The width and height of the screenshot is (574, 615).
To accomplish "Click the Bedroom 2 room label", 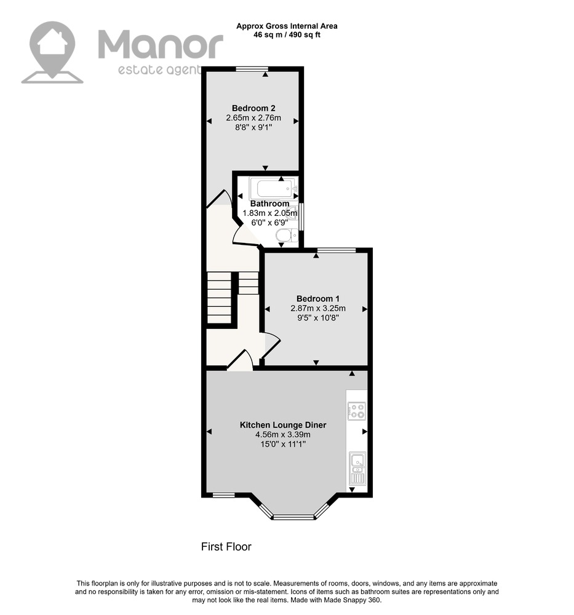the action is point(253,108).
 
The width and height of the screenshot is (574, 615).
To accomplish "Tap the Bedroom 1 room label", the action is point(318,299).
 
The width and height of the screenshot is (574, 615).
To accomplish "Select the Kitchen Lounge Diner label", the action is point(283,425).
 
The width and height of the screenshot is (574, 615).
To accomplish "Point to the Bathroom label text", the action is point(269,204).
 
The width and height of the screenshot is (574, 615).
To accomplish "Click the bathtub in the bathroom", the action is point(272,188).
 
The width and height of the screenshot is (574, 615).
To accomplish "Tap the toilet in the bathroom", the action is point(287,236).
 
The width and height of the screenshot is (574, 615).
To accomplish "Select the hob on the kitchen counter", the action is point(357,411).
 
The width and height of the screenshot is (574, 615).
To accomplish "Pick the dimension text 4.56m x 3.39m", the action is point(283,435).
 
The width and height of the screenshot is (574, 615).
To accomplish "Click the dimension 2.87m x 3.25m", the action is point(318,308).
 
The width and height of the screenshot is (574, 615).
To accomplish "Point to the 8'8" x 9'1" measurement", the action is point(253,127).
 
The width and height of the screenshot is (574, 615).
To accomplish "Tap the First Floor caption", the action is point(226,546).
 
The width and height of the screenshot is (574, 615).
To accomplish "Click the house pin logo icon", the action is point(52,52).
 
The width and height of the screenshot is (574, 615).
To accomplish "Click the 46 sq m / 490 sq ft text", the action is point(287,34).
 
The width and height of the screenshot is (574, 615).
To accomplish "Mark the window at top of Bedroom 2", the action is point(252,69).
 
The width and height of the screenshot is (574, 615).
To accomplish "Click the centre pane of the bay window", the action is point(294,517).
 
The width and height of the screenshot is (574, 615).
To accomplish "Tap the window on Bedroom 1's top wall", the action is point(337,250).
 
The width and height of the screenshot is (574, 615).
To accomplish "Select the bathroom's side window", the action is point(301,217).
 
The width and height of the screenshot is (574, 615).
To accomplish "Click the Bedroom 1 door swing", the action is point(271,344).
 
